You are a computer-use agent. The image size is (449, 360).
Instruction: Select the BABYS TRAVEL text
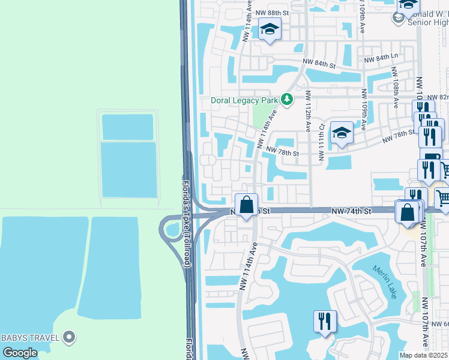(x=30, y=337)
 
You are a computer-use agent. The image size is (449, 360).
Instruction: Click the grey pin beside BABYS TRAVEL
(x=70, y=338)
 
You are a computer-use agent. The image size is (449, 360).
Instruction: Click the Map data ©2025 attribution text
(x=424, y=355)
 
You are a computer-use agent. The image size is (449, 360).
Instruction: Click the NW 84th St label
(x=318, y=62)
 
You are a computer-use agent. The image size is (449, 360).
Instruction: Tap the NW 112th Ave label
(x=307, y=111)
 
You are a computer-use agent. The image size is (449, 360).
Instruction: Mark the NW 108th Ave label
(x=396, y=87)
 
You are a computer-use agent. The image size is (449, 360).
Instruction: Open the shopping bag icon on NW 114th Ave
(x=246, y=205)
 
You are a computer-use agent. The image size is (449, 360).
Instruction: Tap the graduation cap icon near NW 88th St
(x=270, y=29)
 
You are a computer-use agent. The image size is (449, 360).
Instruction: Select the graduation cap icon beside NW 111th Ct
(x=342, y=133)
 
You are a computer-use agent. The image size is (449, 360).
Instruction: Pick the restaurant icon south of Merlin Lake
(x=325, y=320)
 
